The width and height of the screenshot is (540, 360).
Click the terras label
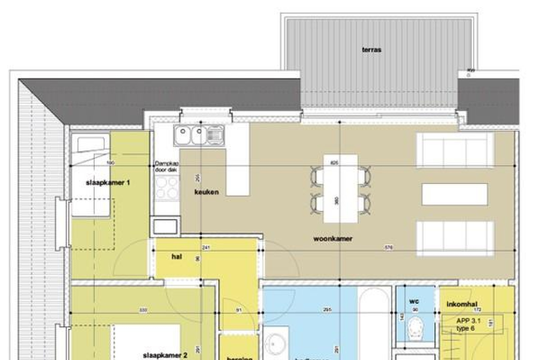[x=372, y=50]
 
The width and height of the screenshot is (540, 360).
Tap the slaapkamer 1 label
[x=108, y=183]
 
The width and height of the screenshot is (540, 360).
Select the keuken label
[x=207, y=192]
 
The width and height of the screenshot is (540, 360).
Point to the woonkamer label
[x=333, y=239]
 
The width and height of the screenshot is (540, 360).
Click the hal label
[x=177, y=256]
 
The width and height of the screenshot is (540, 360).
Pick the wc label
[x=414, y=301]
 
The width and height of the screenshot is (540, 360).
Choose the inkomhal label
[x=462, y=304]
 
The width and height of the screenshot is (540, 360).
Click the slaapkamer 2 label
[x=165, y=355]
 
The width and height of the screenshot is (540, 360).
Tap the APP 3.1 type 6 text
[x=468, y=324]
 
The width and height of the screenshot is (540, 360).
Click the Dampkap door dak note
[x=167, y=166]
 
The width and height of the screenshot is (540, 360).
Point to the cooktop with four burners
[x=167, y=189]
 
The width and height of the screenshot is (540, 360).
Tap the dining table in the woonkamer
[x=341, y=189]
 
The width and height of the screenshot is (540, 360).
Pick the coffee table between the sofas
[x=455, y=194]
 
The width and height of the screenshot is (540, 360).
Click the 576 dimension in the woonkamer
[x=388, y=248]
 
